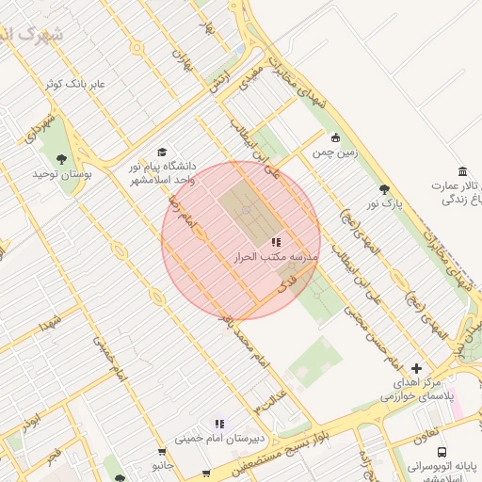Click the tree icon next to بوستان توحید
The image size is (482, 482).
tap(62, 159)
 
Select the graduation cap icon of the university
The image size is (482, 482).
tap(162, 152)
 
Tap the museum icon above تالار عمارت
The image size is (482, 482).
tap(461, 171)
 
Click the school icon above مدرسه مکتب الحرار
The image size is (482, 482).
tap(276, 244)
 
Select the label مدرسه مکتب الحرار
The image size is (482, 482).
tap(277, 256)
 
